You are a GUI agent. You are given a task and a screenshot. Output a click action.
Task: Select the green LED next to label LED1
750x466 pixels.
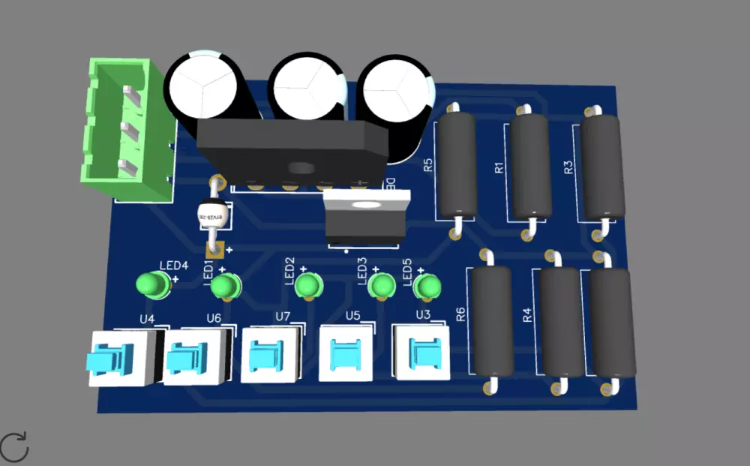pyautogui.click(x=224, y=286)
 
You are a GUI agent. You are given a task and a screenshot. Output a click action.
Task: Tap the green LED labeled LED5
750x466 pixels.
pyautogui.click(x=427, y=286)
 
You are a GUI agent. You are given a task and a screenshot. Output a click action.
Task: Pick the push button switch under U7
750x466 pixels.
pyautogui.click(x=271, y=353)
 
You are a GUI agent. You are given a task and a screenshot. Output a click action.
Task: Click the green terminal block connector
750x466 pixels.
pyautogui.click(x=124, y=131)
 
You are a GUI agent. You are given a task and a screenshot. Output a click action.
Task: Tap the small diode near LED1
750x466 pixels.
pyautogui.click(x=212, y=216)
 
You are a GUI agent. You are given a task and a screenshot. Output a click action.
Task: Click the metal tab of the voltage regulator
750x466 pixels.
pyautogui.click(x=366, y=202)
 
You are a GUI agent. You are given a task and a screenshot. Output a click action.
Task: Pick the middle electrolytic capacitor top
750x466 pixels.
pyautogui.click(x=306, y=86)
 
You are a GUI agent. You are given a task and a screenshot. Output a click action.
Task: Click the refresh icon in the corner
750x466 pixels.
pyautogui.click(x=14, y=446)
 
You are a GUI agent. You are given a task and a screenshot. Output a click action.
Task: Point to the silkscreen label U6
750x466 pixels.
pyautogui.click(x=214, y=318)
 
